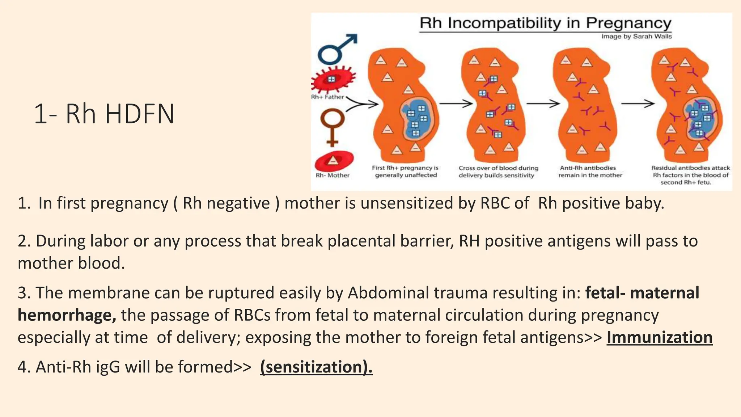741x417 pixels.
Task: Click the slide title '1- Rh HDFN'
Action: coord(104,114)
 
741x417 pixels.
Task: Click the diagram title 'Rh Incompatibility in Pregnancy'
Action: coord(545,23)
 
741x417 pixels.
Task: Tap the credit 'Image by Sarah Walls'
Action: coord(636,36)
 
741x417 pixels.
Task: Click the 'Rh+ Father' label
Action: coord(327,97)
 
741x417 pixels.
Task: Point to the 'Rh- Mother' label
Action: coord(333,175)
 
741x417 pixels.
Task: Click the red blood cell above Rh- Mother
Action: coord(334,161)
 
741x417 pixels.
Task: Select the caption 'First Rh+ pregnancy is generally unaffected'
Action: coord(406,172)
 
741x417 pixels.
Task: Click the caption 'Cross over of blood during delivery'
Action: coord(498,172)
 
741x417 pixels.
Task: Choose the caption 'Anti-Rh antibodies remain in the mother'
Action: coord(590,172)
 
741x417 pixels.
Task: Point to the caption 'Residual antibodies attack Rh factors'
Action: coord(690,175)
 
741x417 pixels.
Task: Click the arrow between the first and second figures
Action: coord(456,104)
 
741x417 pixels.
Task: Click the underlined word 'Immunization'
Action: coord(659,337)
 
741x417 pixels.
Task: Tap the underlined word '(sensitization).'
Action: coord(316,367)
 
